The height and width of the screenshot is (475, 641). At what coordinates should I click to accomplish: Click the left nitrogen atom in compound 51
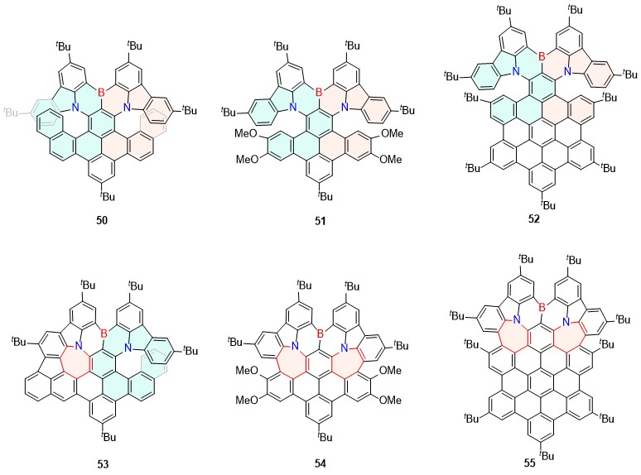(x=296, y=107)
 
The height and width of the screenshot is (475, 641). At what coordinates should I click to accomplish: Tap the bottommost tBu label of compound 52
(x=548, y=204)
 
